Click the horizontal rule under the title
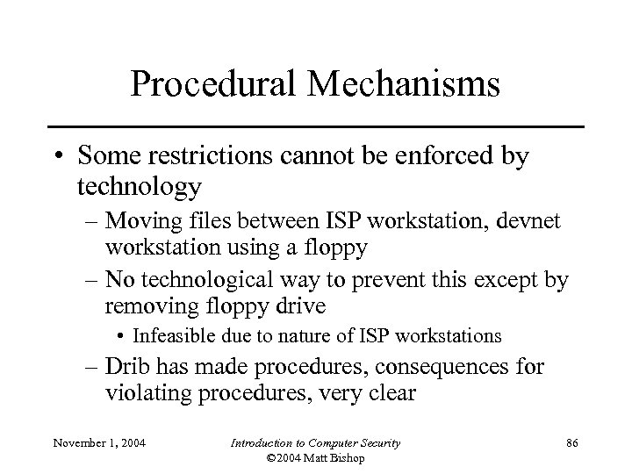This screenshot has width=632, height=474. coord(316,127)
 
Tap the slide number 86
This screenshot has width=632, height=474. coord(571,442)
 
